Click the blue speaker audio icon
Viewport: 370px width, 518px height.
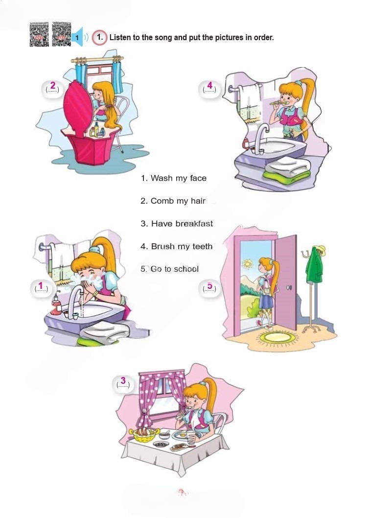(77, 37)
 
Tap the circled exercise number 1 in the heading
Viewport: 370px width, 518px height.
(100, 37)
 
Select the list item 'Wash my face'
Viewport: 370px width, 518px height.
(173, 178)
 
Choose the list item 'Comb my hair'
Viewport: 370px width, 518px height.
(173, 201)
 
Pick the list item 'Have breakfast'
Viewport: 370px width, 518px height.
(177, 224)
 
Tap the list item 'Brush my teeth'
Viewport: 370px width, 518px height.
(176, 246)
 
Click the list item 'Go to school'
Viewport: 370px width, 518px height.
(169, 269)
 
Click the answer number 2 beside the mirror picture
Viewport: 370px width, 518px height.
(53, 86)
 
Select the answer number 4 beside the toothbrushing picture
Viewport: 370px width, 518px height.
(209, 85)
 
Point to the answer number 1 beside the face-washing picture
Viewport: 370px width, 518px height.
(41, 285)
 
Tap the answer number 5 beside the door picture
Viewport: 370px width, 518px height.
(209, 285)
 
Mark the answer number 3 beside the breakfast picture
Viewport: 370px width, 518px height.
(123, 380)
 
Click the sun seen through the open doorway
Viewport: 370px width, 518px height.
(247, 263)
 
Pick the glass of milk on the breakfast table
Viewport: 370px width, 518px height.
(191, 437)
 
